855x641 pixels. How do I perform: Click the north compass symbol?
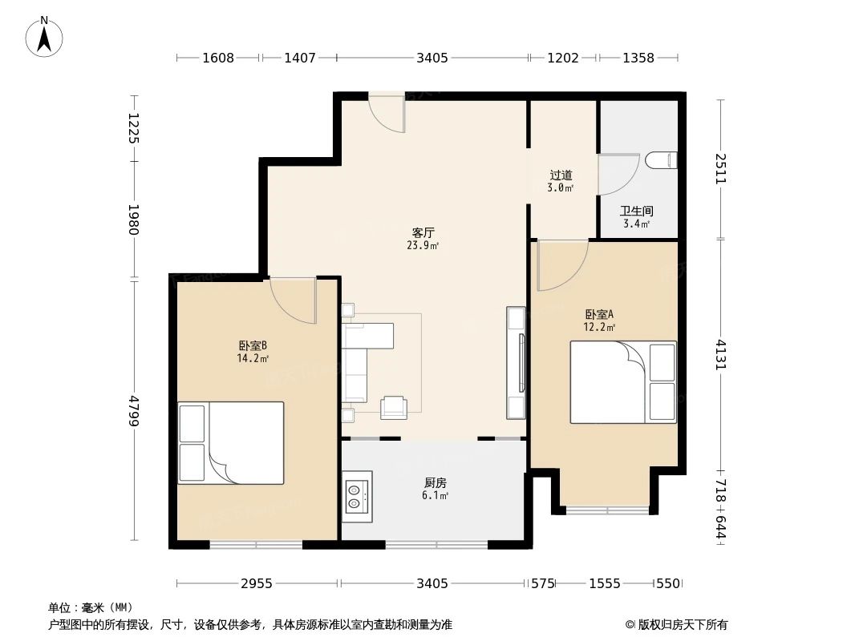coord(45,36)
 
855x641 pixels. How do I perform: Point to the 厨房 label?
coord(435,482)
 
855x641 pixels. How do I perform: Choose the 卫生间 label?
coord(637,211)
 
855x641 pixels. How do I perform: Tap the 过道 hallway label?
coord(561,175)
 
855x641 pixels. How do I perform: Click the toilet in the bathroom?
coord(661,160)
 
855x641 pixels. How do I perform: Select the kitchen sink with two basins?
coord(356,494)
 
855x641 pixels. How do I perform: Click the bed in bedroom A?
coord(622,382)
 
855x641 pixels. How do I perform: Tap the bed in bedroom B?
coord(231,442)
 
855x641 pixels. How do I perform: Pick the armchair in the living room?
coord(394,407)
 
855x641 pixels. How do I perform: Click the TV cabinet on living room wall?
coord(516,362)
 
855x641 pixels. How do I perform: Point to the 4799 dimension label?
coord(134,409)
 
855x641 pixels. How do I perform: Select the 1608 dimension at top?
coord(218,58)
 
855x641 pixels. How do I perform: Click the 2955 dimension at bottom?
coord(257,583)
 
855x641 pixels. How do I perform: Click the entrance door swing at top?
coord(387,114)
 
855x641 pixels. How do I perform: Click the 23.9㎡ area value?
coord(422,246)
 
